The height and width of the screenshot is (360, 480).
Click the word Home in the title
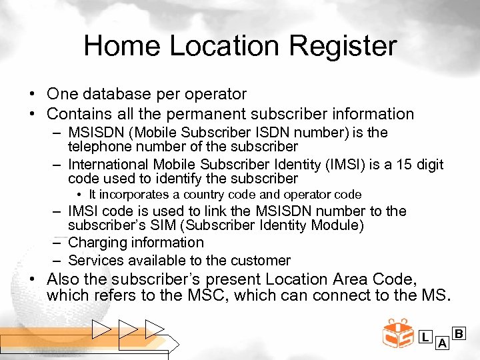[x=122, y=47]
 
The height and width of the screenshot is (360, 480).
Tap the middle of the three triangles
[x=127, y=329]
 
